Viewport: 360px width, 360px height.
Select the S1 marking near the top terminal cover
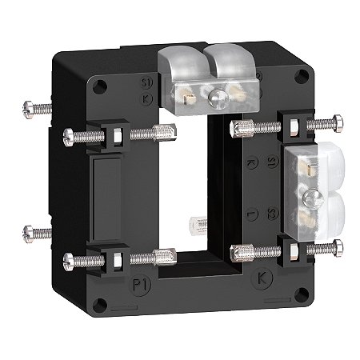click(x=145, y=82)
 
